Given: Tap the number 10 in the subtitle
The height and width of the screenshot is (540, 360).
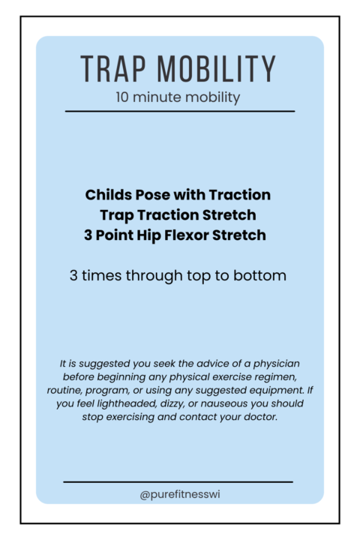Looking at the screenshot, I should click(124, 97).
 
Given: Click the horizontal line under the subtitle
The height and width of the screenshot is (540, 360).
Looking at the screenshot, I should click(180, 111).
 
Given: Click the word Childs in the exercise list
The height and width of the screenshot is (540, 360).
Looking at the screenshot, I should click(108, 195).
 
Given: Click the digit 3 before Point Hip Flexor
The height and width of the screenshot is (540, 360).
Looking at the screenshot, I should click(88, 235).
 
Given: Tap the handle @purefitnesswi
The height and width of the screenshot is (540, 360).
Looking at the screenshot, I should click(179, 494).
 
